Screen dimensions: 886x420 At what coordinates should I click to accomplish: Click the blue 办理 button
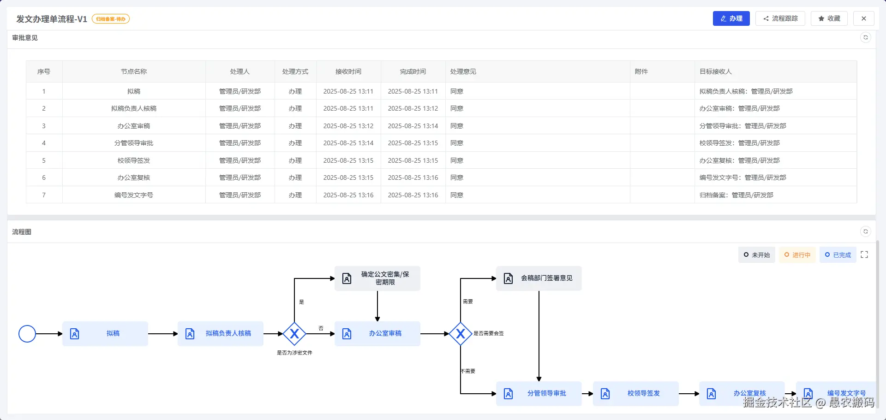(731, 18)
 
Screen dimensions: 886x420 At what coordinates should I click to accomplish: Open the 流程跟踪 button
(780, 18)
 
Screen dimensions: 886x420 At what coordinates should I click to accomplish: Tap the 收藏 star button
(829, 18)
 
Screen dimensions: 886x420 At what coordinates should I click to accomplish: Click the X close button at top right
(864, 18)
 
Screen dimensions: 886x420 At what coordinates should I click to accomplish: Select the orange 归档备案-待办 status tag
(111, 19)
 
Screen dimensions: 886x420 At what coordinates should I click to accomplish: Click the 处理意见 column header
(463, 71)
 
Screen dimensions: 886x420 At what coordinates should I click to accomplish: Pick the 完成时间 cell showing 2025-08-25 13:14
(413, 126)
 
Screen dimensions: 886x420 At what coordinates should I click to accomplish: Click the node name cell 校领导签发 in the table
(134, 160)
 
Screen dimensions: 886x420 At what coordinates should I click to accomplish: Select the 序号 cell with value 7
(44, 195)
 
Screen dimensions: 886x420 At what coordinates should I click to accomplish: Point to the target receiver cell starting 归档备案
(736, 195)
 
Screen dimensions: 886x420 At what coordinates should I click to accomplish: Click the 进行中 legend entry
(797, 255)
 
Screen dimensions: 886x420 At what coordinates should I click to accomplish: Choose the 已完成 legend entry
(838, 255)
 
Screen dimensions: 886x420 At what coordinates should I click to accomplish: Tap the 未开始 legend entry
(757, 255)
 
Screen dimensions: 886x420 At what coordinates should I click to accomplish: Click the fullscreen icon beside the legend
(864, 254)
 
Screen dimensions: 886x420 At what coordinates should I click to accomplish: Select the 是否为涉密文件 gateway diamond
(294, 334)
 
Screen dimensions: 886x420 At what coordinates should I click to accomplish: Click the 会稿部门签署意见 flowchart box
(539, 278)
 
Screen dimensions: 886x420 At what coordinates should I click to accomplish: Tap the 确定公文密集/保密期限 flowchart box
(377, 278)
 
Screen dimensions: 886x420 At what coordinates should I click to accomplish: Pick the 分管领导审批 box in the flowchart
(539, 394)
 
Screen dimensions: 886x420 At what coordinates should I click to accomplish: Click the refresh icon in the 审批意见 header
(866, 37)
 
